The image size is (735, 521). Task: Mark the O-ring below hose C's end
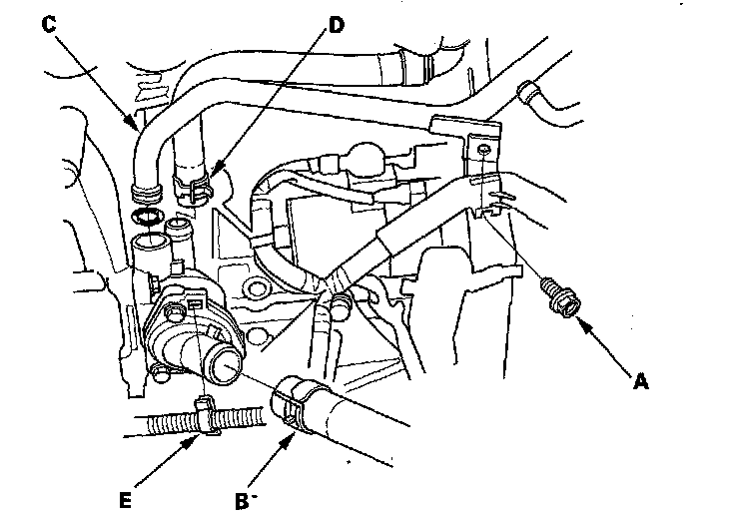coord(147,218)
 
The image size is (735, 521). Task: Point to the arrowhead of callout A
coord(578,319)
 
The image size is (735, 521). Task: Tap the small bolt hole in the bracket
coord(483,150)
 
